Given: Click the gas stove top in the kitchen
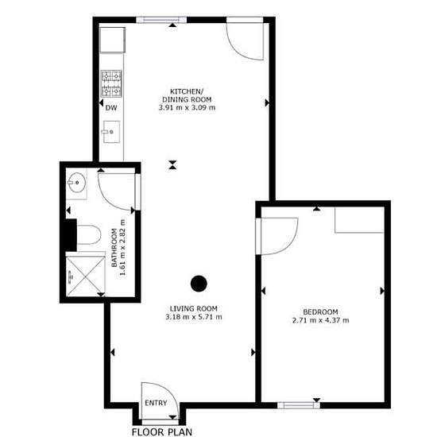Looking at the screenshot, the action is (111, 83).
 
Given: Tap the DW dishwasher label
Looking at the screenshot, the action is (111, 108).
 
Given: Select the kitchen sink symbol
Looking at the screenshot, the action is (111, 132).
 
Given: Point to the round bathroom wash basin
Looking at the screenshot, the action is (76, 183).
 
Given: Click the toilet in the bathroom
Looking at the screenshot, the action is (89, 234).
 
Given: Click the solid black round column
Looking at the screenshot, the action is (199, 284).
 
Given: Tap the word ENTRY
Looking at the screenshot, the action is (156, 403).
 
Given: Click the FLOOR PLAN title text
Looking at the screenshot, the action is (162, 431).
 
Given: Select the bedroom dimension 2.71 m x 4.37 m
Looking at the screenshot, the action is (320, 320).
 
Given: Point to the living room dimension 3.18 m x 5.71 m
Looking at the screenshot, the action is (194, 317).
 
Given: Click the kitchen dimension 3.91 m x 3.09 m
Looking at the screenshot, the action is (187, 107).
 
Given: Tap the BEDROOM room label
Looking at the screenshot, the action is (320, 312).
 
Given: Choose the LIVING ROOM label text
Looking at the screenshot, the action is (194, 308).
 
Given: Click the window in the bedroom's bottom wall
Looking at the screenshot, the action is (299, 405).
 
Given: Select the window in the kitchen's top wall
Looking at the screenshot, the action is (161, 20).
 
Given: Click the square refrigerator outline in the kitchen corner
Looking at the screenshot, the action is (112, 40).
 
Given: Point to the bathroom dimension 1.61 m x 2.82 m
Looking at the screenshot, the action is (118, 247).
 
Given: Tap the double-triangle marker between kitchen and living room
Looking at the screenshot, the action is (172, 164).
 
